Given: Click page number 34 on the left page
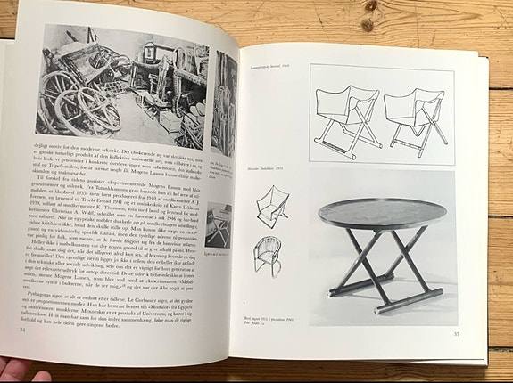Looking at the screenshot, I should (22, 330).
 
